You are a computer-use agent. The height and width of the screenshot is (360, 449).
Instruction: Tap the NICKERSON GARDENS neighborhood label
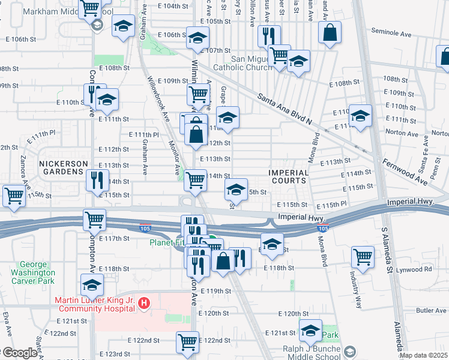(64, 167)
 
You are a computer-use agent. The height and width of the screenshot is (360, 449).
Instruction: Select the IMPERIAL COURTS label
(288, 176)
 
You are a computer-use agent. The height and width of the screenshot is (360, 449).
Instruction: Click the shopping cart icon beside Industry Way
(363, 257)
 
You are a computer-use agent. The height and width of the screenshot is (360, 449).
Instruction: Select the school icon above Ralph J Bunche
(310, 330)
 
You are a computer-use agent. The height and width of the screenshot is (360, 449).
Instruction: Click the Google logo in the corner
(19, 353)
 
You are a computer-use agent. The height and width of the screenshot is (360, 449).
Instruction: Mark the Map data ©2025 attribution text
(424, 355)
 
